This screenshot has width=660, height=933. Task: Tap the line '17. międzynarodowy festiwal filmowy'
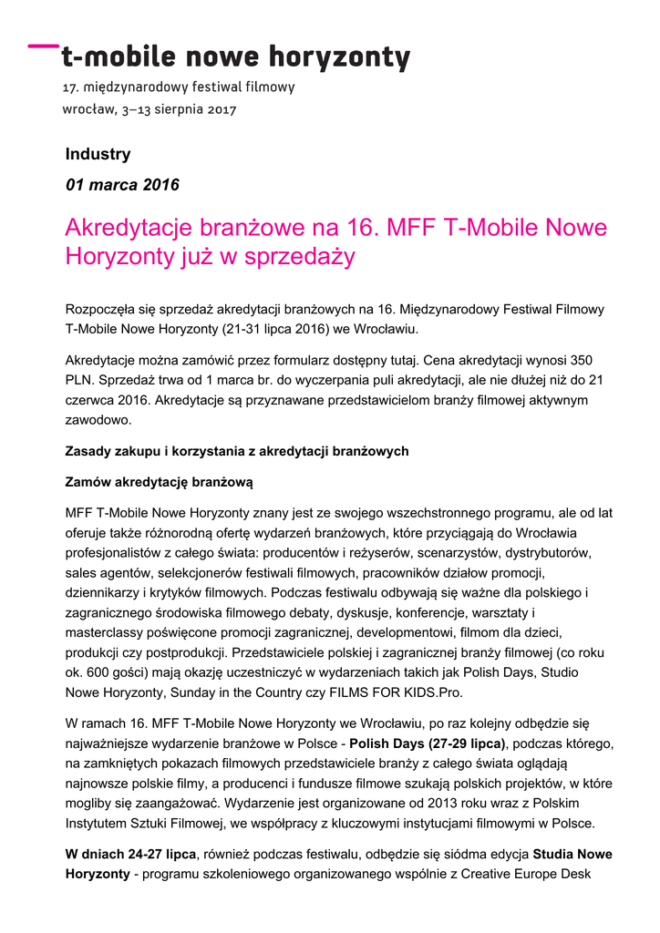tap(178, 88)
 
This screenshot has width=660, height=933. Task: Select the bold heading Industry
tap(98, 154)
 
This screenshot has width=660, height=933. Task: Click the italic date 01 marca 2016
tap(122, 185)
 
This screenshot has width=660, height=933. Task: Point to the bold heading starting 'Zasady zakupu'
tap(237, 451)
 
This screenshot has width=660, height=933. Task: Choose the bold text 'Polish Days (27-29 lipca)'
tap(428, 743)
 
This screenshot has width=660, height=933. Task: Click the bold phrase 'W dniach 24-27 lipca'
tap(131, 854)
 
